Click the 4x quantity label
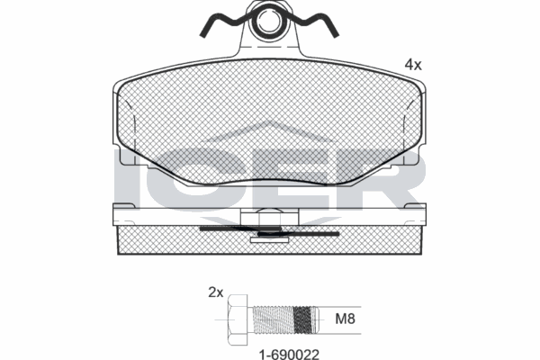pyautogui.click(x=413, y=65)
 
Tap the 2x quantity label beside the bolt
pyautogui.click(x=215, y=292)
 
